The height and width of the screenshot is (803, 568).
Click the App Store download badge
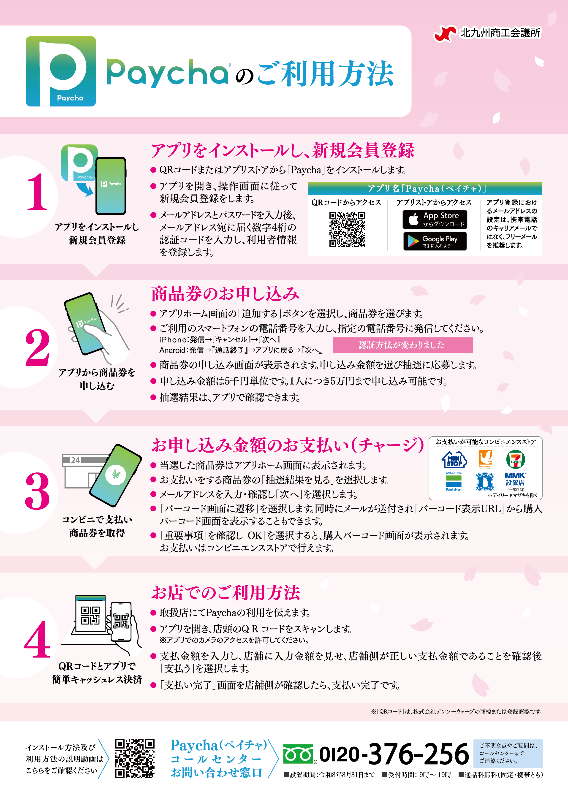click(x=435, y=219)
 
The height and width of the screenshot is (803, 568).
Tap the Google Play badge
click(x=435, y=241)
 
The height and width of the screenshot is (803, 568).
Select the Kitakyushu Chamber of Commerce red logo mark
click(x=445, y=34)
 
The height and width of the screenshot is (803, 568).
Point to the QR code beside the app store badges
click(x=347, y=229)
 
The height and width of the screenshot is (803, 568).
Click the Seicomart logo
click(x=485, y=459)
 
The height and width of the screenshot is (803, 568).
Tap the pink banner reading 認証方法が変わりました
click(x=402, y=345)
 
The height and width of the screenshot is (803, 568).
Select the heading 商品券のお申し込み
click(x=225, y=294)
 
